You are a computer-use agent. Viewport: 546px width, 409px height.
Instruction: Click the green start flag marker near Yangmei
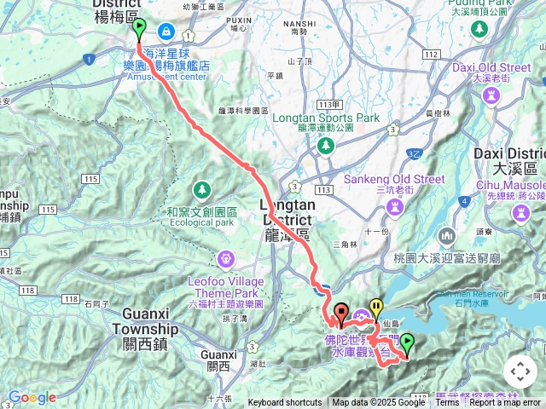coord(139,28)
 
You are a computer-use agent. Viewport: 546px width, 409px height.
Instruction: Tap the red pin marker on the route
coord(341,314)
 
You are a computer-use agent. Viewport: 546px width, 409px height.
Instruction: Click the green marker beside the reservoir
coord(408,343)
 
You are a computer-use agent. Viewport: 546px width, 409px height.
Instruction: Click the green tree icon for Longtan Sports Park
coord(325,147)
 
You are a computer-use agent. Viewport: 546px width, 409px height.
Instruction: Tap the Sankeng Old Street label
coord(394,179)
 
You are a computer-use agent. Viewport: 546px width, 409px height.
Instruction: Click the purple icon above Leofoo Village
coord(226,256)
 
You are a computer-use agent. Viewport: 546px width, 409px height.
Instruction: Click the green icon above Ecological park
coord(202,188)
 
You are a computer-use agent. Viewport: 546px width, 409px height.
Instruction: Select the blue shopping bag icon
coord(164,32)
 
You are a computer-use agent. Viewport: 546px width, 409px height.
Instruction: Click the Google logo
coord(32,397)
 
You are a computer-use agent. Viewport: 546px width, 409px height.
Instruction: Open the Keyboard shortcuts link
coord(285,403)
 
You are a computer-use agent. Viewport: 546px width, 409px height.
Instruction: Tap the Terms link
coord(447,403)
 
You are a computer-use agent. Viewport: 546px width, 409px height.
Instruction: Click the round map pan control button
coord(520,372)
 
